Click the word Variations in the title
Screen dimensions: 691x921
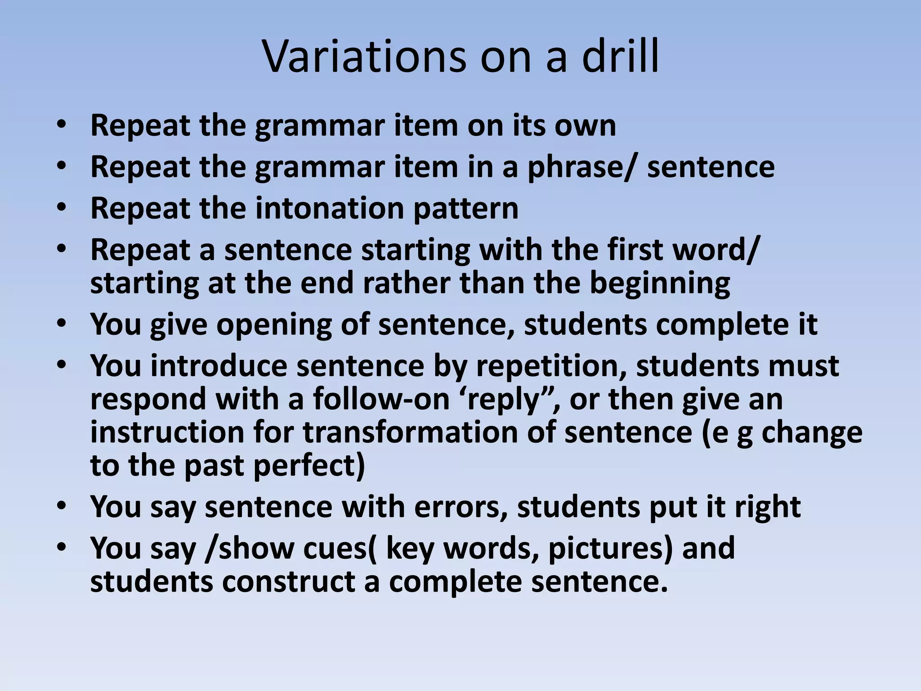tap(364, 57)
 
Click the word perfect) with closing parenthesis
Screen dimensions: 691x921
tap(309, 466)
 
